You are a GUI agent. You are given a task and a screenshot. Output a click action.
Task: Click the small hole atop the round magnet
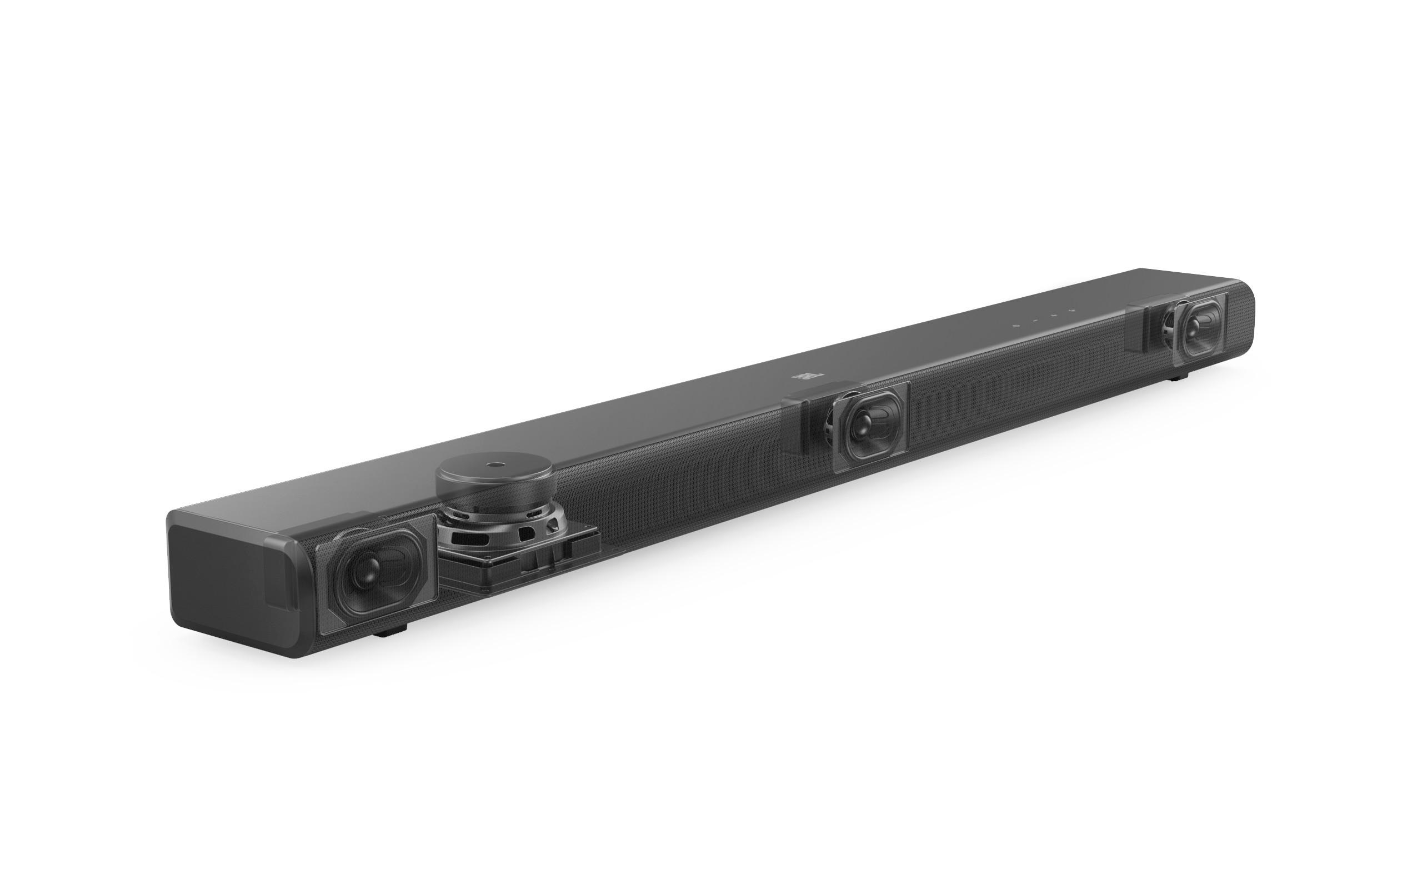pos(492,464)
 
